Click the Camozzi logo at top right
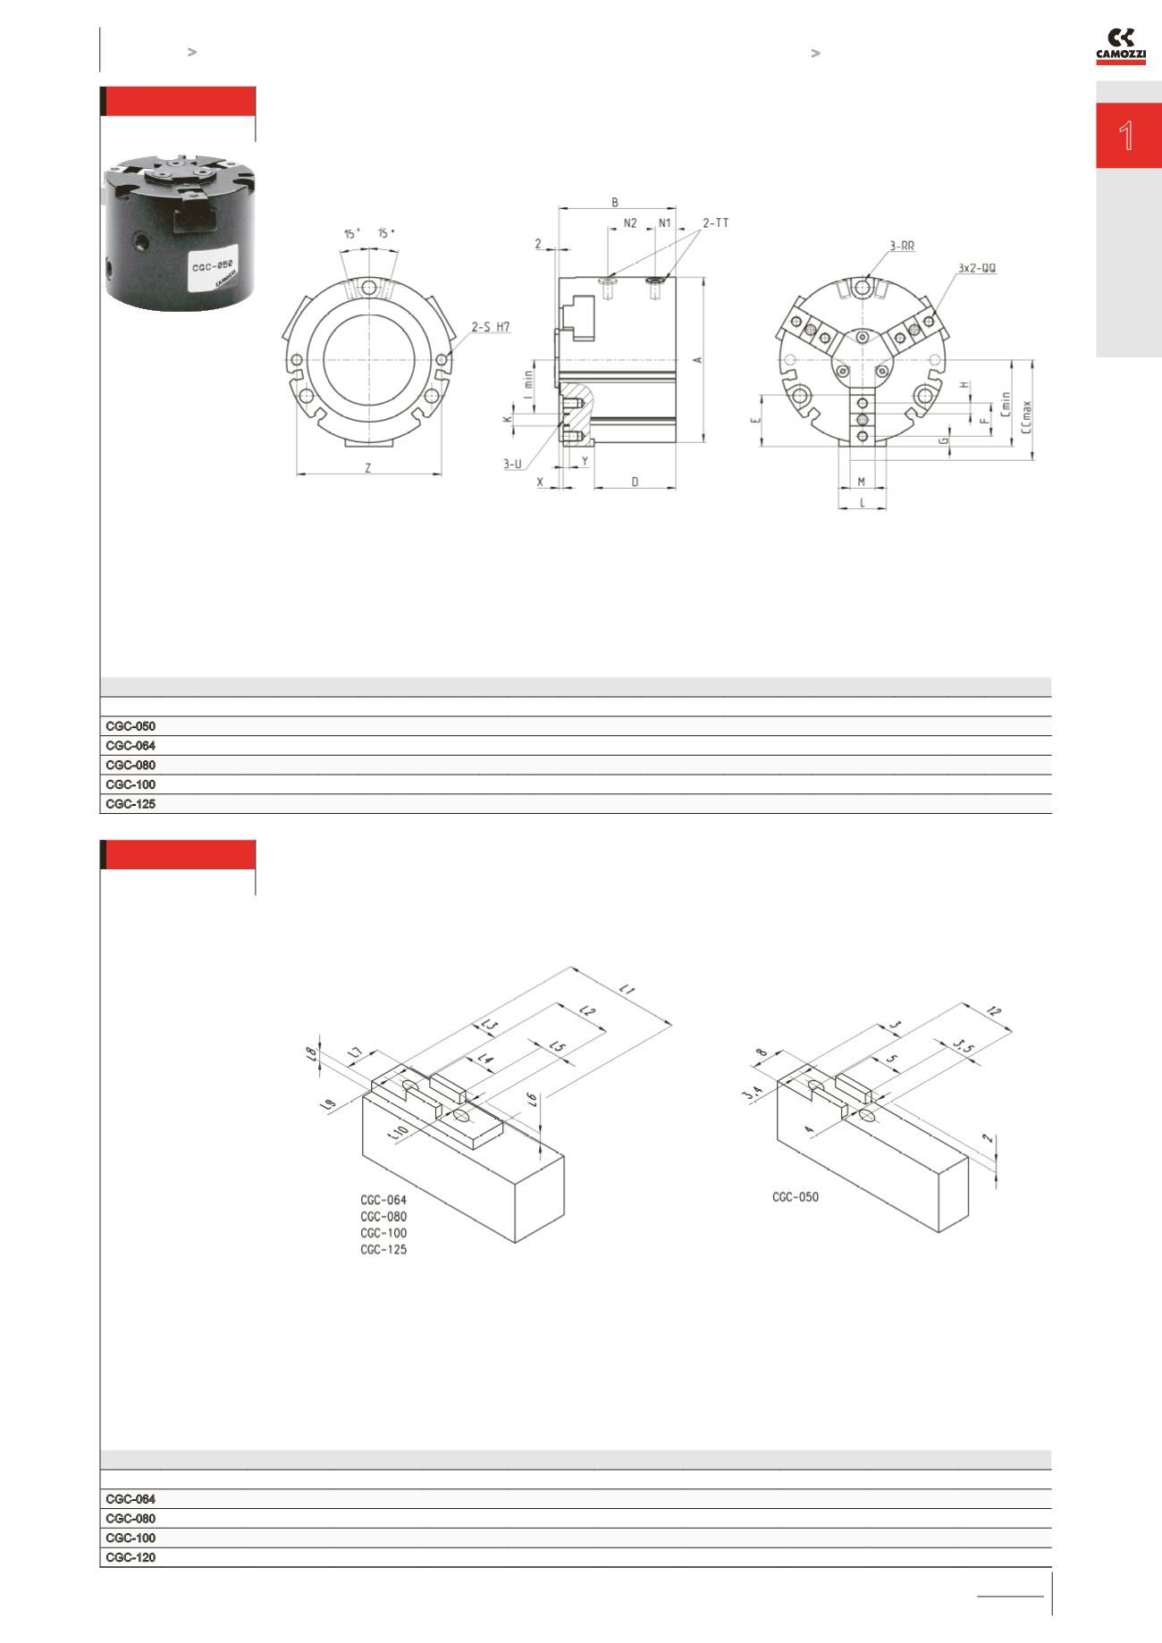click(x=1121, y=46)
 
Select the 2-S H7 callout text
click(x=491, y=327)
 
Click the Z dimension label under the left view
click(x=368, y=467)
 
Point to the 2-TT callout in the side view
click(x=715, y=222)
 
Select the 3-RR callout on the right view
click(x=902, y=246)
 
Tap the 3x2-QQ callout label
click(x=977, y=267)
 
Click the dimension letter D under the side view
click(x=635, y=482)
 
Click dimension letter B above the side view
click(x=615, y=203)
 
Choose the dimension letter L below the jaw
click(x=863, y=503)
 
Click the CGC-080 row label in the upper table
click(x=131, y=765)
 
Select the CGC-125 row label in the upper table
click(x=131, y=804)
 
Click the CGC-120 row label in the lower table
click(x=131, y=1557)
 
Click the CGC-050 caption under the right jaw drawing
click(x=796, y=1197)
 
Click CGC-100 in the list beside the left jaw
click(x=383, y=1233)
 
